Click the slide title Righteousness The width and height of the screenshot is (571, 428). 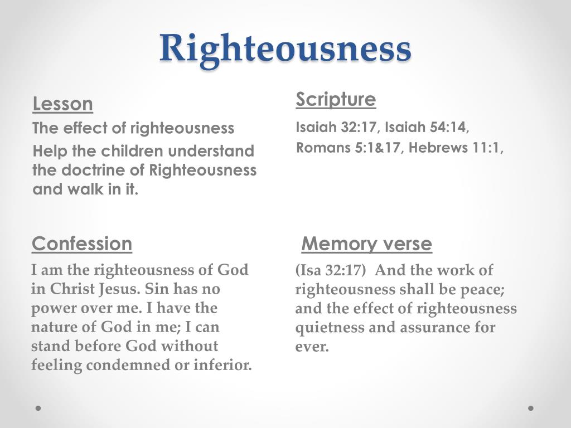coord(285,48)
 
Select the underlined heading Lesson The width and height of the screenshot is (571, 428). coord(62,104)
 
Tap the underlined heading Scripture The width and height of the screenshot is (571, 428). coord(336,100)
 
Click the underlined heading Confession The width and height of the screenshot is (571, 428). coord(82,244)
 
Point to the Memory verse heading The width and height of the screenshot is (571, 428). coord(366,244)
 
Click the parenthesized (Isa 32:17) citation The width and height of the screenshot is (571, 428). coord(331,271)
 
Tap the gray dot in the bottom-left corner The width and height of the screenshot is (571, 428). coord(38,408)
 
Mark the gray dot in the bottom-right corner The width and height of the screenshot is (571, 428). coord(531,408)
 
